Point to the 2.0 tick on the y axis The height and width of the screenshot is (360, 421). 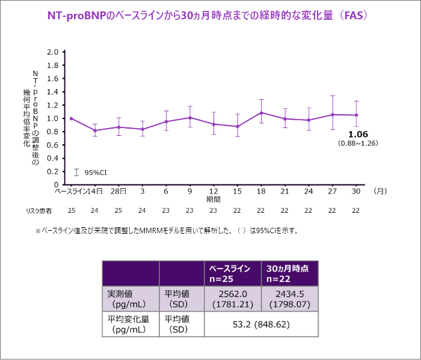coord(52,52)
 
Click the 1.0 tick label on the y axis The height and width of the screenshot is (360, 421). coord(52,118)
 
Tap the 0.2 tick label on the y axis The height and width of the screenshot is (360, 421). coord(52,171)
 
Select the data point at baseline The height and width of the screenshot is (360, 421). coord(71,118)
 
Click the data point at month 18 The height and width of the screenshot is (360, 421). coord(261,112)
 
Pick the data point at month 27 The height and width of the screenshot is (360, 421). coord(333,114)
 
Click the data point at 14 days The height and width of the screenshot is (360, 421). coord(95,130)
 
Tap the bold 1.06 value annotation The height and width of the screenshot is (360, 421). coord(358,134)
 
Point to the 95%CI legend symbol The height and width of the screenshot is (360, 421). coord(76,172)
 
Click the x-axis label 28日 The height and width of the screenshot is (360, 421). coord(118,191)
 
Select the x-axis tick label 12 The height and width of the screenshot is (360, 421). coord(214,191)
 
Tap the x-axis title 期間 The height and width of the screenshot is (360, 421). coord(214,199)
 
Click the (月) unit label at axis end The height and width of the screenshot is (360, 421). coord(380,191)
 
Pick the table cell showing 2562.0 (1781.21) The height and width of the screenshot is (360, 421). coord(233,299)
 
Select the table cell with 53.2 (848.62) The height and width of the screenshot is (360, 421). coord(261,325)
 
